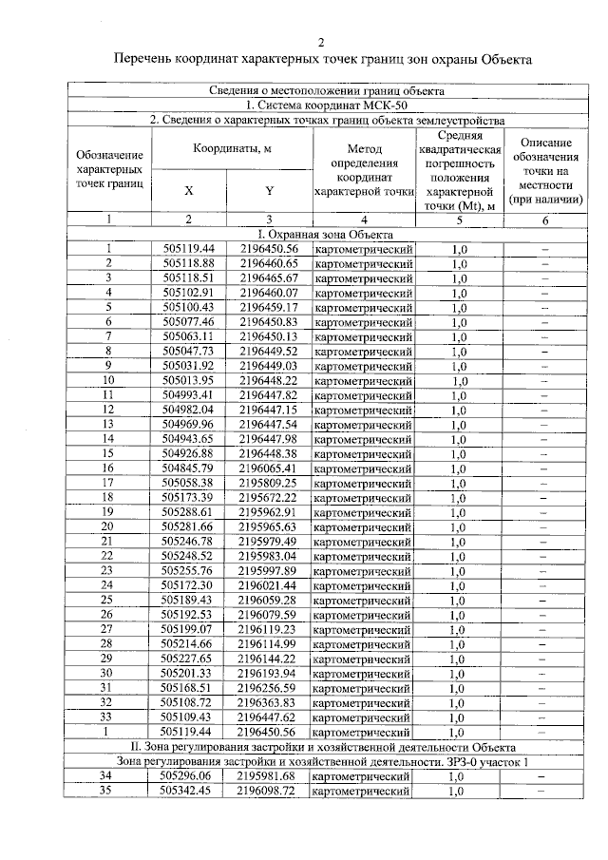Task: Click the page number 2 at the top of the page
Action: click(320, 42)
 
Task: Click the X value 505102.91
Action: click(188, 293)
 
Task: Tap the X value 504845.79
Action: click(188, 468)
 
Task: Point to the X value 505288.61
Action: click(188, 511)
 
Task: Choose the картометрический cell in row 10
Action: click(364, 380)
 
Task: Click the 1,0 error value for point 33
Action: click(458, 717)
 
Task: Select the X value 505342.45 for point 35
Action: click(186, 791)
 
